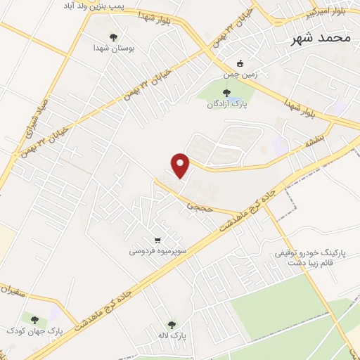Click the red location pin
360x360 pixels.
(181, 165)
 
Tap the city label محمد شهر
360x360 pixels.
(320, 38)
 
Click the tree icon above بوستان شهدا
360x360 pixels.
(114, 37)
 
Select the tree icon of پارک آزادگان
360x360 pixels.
(225, 92)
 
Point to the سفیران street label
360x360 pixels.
(17, 287)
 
